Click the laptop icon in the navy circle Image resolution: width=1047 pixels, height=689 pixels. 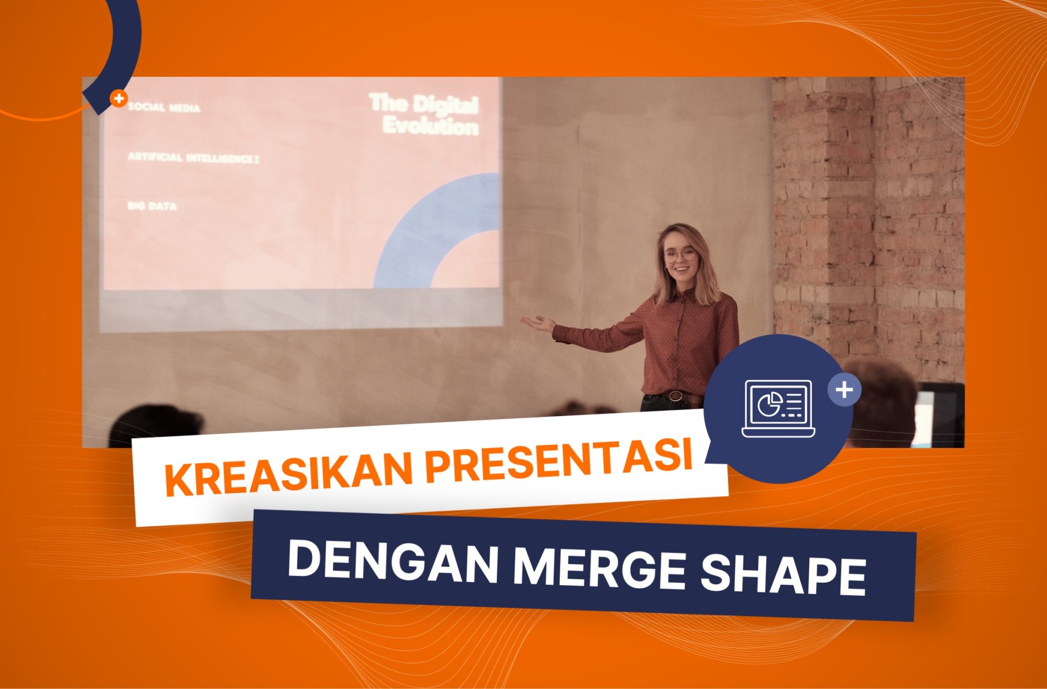(778, 408)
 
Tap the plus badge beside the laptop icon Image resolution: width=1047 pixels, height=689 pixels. (844, 390)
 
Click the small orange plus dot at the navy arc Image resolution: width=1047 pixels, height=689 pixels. (119, 98)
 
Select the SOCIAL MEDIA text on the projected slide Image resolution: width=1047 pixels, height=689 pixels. (164, 107)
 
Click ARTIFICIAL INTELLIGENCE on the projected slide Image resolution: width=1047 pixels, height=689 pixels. (193, 158)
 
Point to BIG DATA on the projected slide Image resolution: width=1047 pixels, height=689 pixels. (152, 205)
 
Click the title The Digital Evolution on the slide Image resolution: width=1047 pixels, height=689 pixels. (423, 114)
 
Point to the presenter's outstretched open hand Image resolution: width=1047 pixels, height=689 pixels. (538, 324)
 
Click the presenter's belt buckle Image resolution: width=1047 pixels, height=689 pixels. (675, 395)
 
